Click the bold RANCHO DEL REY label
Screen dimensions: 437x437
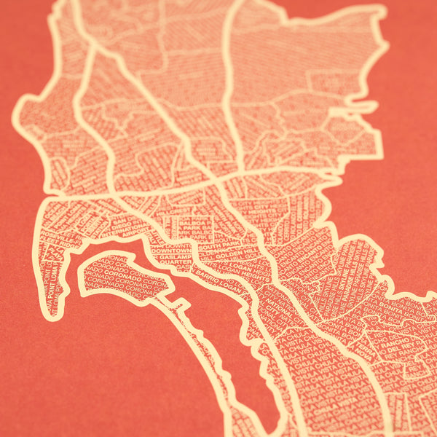(404, 342)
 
